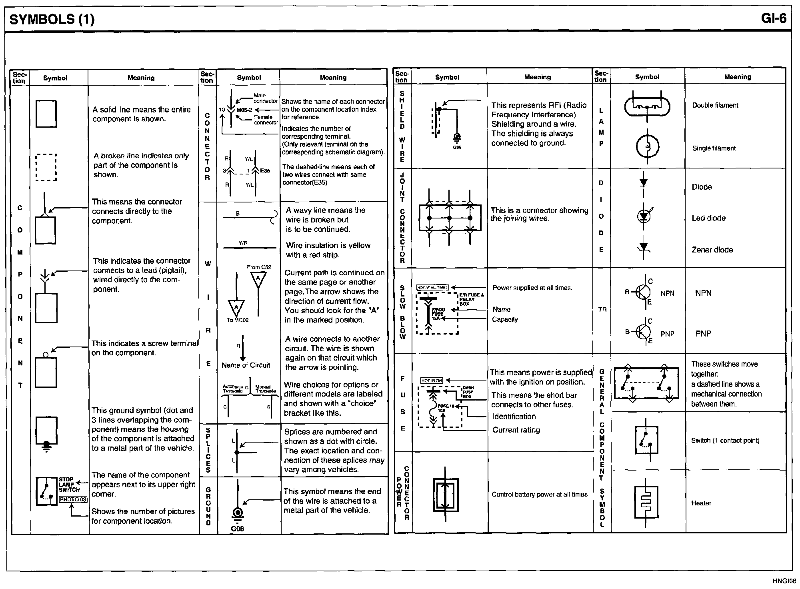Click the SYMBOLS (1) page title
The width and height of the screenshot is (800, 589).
(52, 20)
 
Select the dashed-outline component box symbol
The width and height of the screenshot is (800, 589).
(46, 167)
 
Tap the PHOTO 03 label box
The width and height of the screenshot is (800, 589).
(73, 499)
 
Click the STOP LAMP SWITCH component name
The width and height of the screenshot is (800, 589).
(69, 485)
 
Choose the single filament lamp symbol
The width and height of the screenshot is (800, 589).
(647, 146)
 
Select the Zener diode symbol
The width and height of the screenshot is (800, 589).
(644, 248)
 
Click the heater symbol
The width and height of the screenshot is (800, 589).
(646, 502)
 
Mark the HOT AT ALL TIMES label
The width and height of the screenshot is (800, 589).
(432, 287)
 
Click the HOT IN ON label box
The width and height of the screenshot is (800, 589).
(432, 381)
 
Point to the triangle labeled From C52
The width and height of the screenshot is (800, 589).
(258, 278)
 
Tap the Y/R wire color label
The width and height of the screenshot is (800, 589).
(243, 243)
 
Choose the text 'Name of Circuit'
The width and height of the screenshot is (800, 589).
(246, 365)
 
